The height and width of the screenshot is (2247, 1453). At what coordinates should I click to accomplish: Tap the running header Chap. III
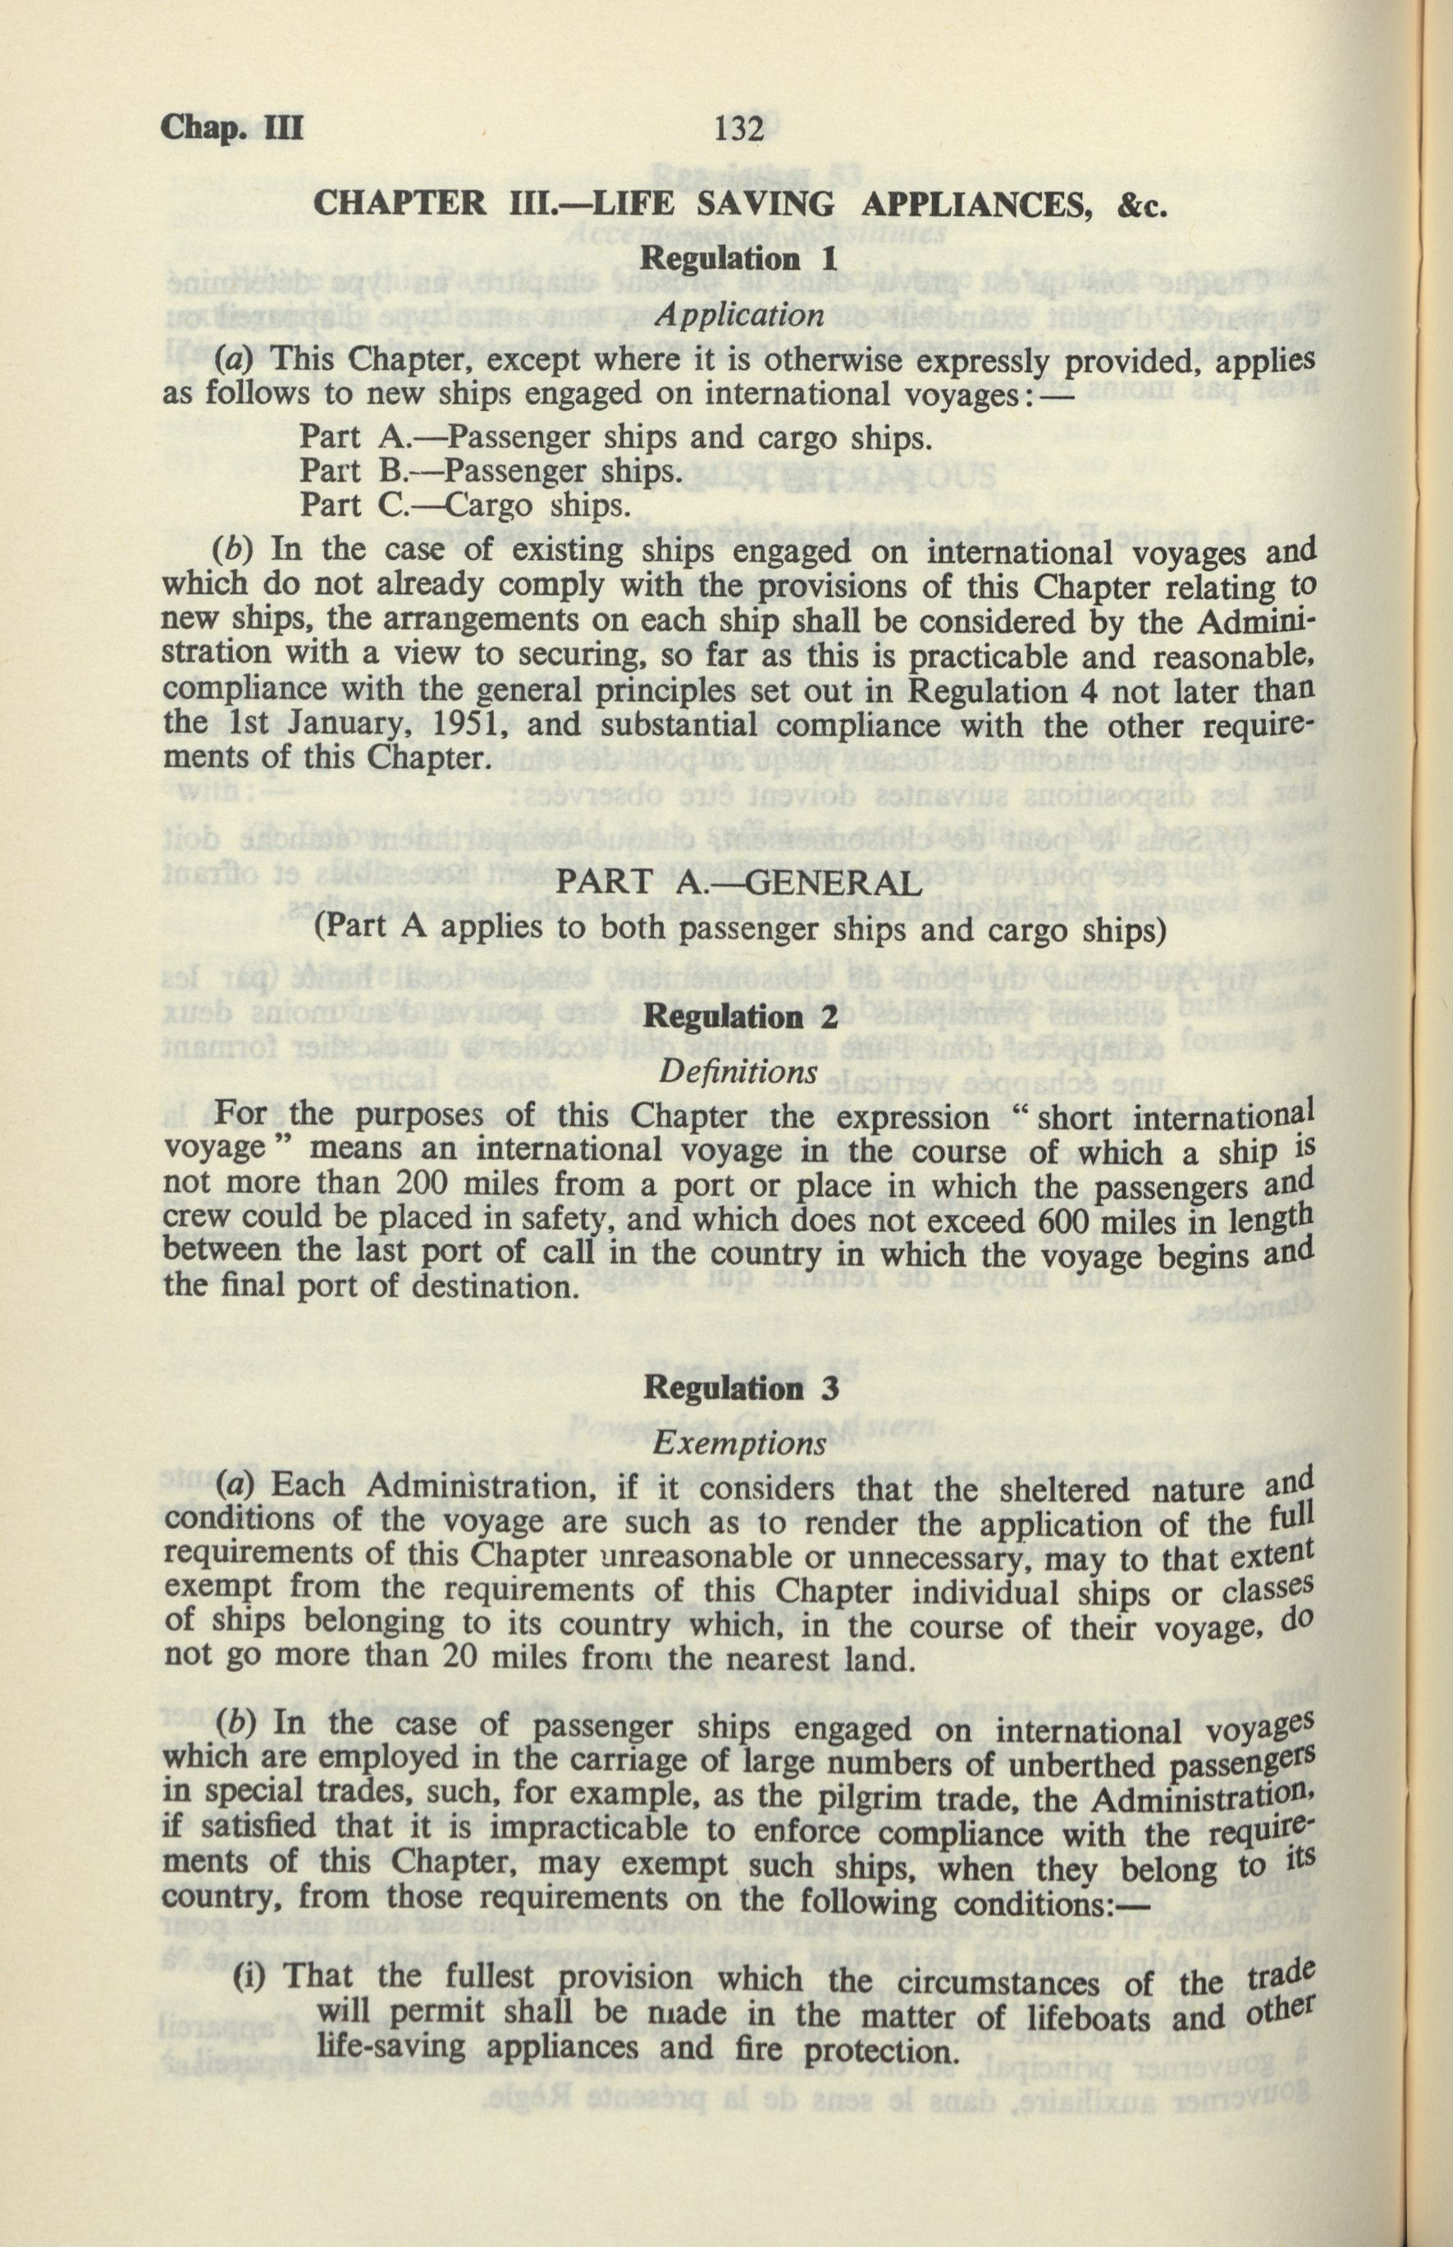pyautogui.click(x=232, y=126)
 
